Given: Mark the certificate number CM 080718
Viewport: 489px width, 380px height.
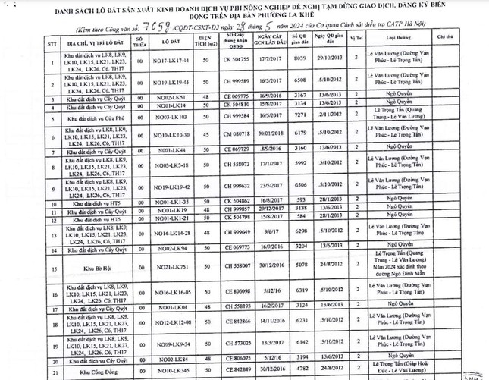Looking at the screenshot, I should (x=237, y=137).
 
